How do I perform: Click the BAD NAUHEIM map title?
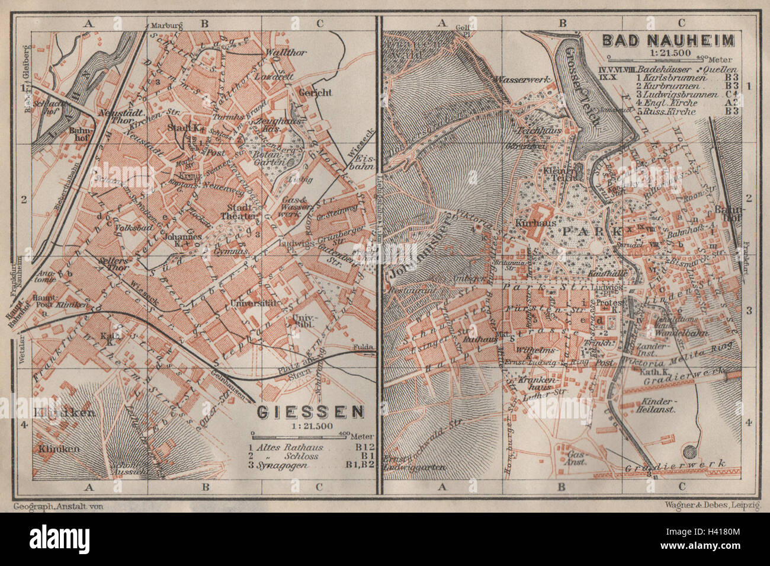tap(668, 41)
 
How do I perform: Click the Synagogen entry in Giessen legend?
tap(282, 466)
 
